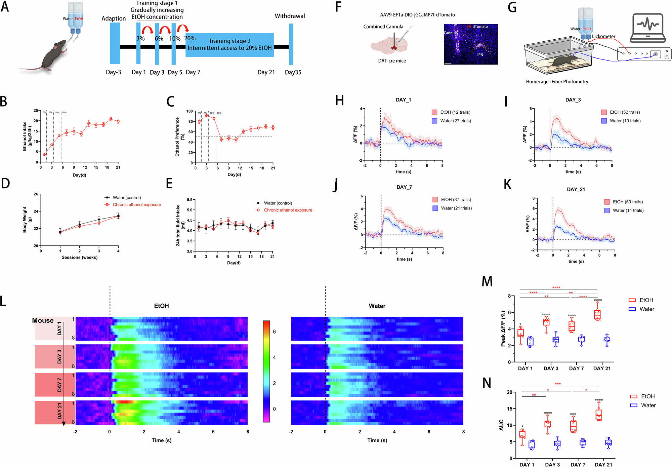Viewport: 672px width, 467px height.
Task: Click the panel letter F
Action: click(x=338, y=7)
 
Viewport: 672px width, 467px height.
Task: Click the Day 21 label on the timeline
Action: click(x=266, y=72)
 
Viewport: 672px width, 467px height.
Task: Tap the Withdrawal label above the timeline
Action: click(x=290, y=16)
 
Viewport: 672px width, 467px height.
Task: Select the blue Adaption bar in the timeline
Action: click(x=115, y=43)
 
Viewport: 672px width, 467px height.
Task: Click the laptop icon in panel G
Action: click(x=647, y=28)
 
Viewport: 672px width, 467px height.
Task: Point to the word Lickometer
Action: click(x=603, y=36)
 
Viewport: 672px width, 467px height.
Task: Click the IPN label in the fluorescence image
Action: click(x=480, y=55)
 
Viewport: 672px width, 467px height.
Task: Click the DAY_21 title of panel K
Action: click(x=576, y=190)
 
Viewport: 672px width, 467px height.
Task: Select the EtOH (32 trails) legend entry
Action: click(x=625, y=112)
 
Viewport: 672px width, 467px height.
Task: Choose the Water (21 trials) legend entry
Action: click(x=456, y=208)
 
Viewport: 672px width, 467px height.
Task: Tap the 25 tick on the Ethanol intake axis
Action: click(x=36, y=111)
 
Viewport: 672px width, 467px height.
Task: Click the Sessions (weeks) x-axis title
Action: click(x=79, y=258)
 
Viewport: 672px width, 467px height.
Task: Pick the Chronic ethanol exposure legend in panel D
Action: click(x=136, y=205)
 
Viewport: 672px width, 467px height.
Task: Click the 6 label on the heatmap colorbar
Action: click(x=274, y=332)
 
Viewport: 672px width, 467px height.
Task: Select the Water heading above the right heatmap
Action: click(x=377, y=306)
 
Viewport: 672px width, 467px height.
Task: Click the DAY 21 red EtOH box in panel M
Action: click(x=597, y=315)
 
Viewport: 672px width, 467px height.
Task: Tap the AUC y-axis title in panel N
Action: click(x=501, y=425)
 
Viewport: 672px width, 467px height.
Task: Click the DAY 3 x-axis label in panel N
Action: click(x=552, y=465)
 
